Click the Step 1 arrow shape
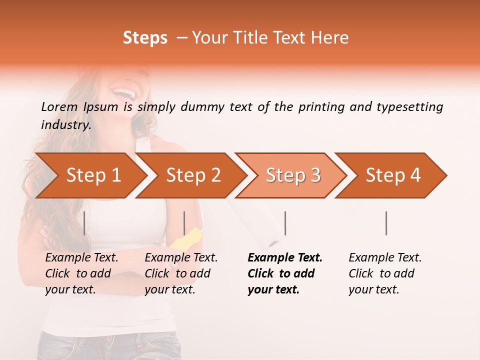pyautogui.click(x=90, y=175)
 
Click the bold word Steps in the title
pyautogui.click(x=145, y=38)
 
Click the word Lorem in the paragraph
pyautogui.click(x=59, y=107)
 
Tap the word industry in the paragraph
pyautogui.click(x=65, y=125)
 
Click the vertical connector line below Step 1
pyautogui.click(x=84, y=223)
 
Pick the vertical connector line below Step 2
pyautogui.click(x=184, y=223)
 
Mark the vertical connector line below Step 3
pyautogui.click(x=285, y=223)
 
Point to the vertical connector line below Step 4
pyautogui.click(x=386, y=223)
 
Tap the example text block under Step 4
pyautogui.click(x=385, y=273)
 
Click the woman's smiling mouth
pyautogui.click(x=123, y=93)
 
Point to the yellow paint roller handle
pyautogui.click(x=184, y=239)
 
